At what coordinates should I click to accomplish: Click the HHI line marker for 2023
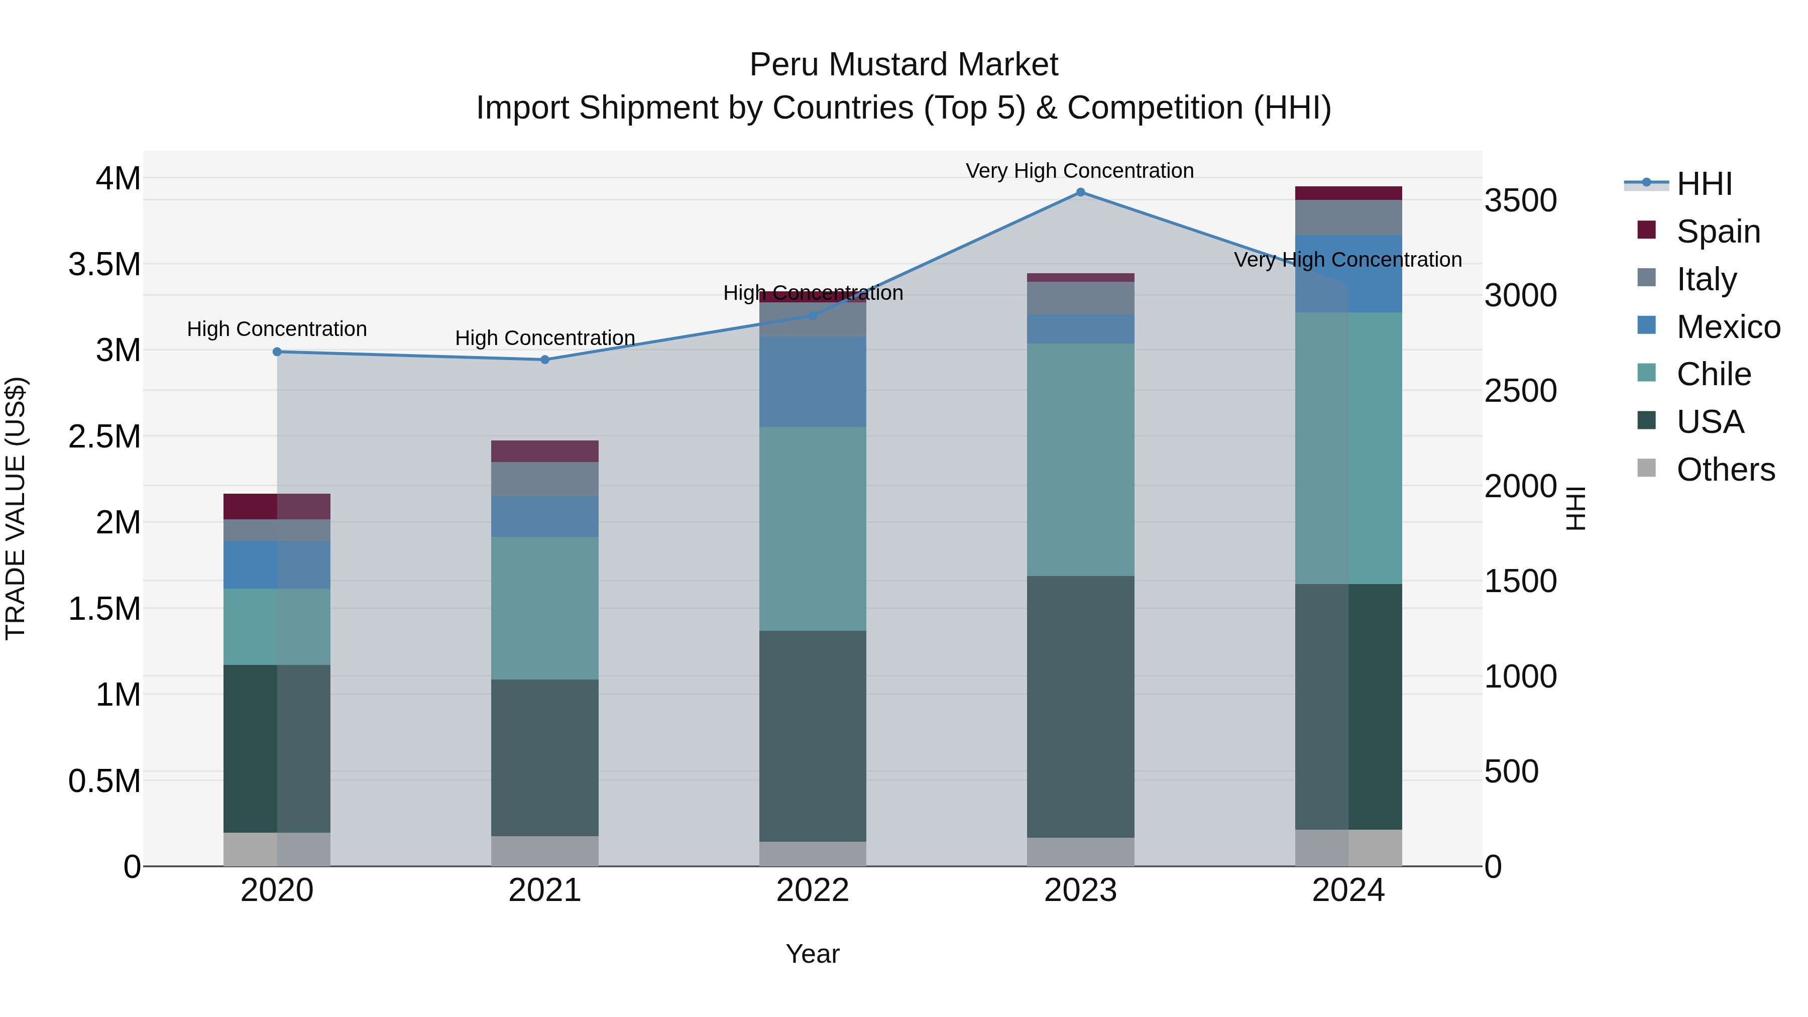1080,192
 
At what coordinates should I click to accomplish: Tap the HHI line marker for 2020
277,352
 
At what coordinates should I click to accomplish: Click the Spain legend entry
1718,231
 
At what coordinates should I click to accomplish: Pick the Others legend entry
1725,470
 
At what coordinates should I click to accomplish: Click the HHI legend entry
1704,184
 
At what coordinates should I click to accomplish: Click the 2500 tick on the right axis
1520,391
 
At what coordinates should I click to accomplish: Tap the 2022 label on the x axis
813,890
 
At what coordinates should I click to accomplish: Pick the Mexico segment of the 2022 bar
813,381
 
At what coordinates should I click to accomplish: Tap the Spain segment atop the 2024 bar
1348,193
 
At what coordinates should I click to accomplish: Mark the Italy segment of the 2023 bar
1080,298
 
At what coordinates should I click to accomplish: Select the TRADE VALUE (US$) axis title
16,508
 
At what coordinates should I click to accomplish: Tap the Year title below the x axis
813,954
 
